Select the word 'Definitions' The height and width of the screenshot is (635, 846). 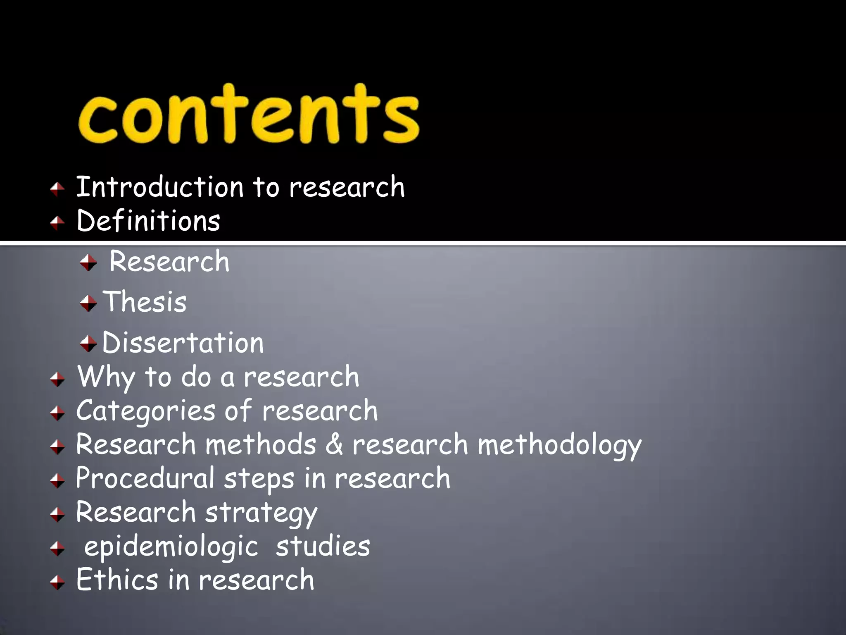148,220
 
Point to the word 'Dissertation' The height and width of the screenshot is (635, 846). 183,343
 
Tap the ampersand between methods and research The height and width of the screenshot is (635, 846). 334,444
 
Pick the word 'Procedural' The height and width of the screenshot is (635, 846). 145,479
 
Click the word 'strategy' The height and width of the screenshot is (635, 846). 261,513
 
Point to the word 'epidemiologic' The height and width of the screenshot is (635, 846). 171,547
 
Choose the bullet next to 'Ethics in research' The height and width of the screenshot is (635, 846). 57,582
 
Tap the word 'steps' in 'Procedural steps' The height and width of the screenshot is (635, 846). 259,479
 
